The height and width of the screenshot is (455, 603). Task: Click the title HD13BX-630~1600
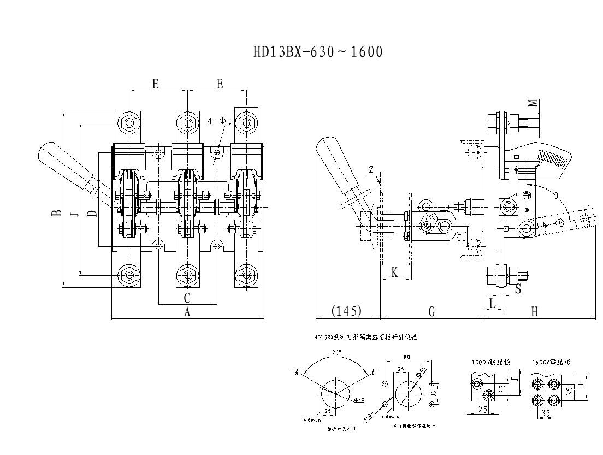click(x=318, y=52)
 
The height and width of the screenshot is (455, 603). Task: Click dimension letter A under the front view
click(x=187, y=312)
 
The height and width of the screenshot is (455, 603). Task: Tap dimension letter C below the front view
click(x=187, y=298)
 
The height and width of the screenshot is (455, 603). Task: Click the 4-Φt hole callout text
click(x=220, y=121)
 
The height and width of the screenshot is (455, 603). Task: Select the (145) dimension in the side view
click(x=347, y=311)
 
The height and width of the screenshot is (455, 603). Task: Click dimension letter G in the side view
click(x=431, y=311)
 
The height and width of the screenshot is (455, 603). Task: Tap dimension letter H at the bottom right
click(x=534, y=311)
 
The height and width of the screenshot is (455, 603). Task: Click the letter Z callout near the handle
click(x=371, y=170)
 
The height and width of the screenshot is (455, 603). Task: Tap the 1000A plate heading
click(x=492, y=362)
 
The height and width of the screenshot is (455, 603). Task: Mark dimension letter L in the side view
click(x=492, y=303)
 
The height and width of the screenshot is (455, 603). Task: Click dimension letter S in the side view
click(x=517, y=288)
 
